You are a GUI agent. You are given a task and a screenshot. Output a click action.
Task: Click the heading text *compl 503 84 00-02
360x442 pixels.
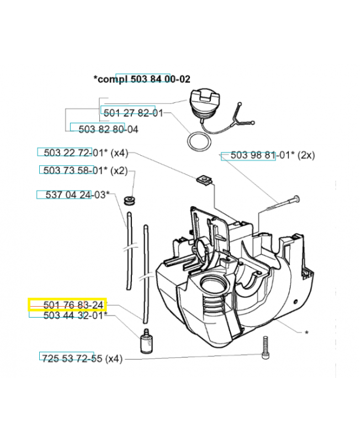[142, 80]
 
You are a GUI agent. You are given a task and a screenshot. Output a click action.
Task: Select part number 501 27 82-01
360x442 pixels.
[133, 113]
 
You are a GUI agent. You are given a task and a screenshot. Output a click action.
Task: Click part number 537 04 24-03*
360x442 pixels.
[73, 194]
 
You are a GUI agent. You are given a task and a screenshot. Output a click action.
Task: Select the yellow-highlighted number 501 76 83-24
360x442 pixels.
[67, 305]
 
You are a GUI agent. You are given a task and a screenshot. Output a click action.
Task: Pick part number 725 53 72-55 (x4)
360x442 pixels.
[82, 359]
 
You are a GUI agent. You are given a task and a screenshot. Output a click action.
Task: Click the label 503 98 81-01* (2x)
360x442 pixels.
[268, 156]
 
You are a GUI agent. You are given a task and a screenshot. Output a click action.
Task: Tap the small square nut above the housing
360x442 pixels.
[204, 179]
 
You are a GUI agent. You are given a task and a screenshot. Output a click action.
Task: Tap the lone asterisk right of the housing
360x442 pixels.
[306, 333]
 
